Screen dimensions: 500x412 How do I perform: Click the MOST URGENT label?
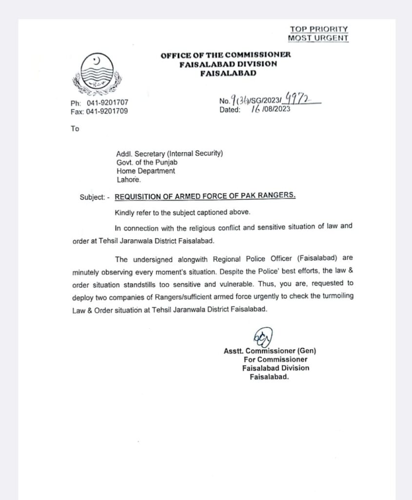[318, 38]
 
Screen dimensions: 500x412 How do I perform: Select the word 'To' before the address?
[75, 129]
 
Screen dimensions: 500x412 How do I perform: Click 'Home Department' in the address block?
[145, 171]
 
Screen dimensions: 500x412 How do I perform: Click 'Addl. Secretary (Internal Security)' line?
[170, 154]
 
